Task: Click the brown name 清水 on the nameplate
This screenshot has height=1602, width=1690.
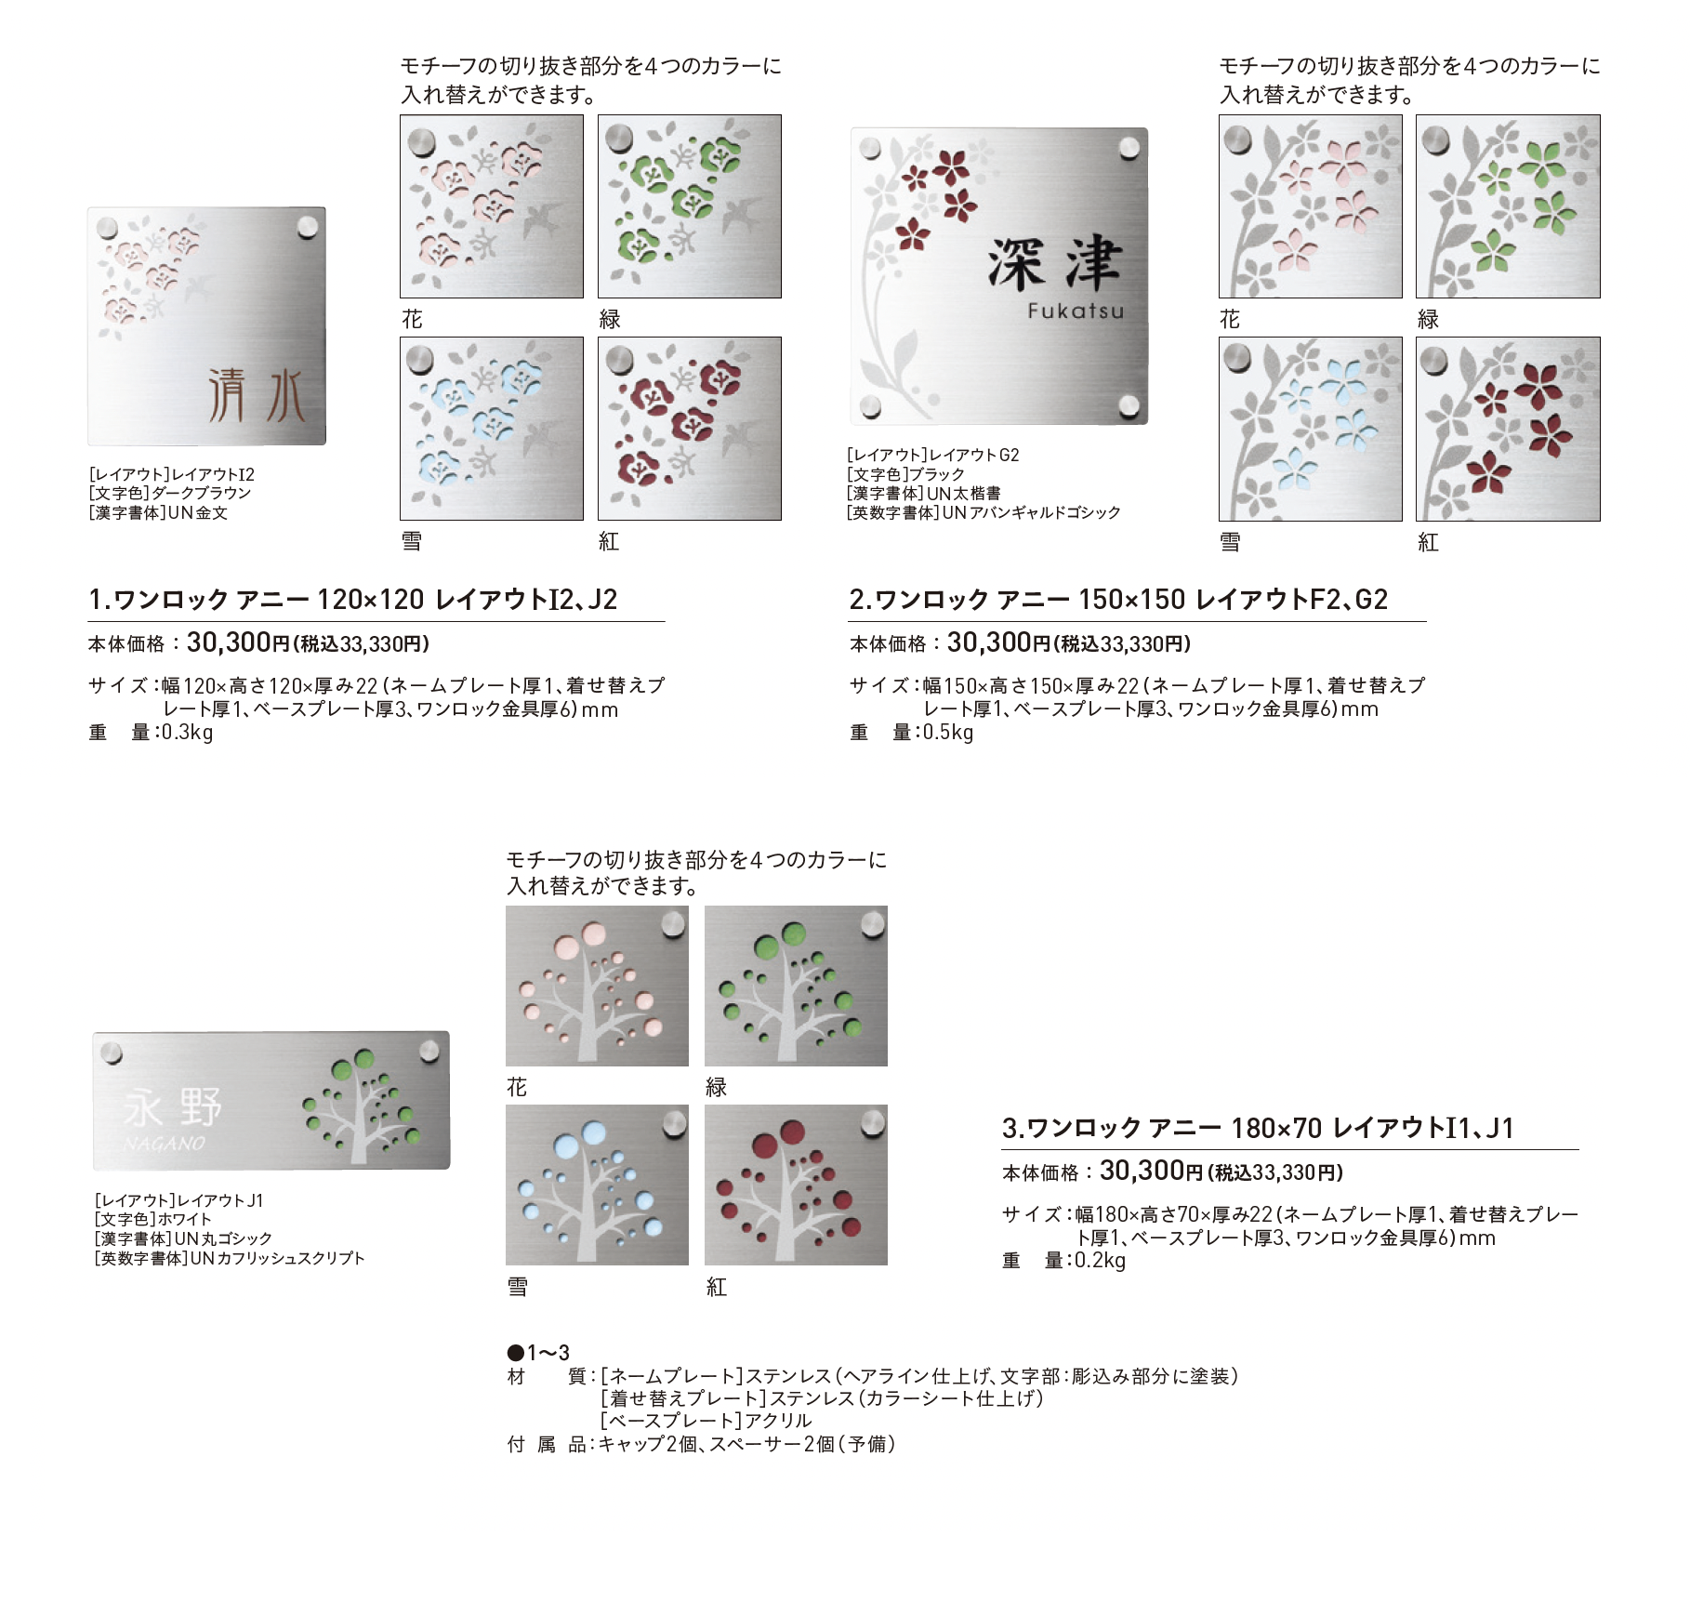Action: point(256,395)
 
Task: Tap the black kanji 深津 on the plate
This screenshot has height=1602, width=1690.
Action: point(1055,264)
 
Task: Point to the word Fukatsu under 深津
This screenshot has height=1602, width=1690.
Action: point(1076,311)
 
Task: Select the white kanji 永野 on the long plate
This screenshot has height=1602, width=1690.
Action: point(173,1107)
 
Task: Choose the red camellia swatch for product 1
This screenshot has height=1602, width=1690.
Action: point(690,429)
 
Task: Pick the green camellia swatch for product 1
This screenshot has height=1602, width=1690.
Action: point(690,206)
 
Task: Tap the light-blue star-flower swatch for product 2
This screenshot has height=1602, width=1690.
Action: point(1311,429)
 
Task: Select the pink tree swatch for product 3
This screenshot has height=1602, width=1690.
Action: point(597,986)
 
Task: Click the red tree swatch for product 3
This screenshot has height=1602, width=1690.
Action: point(796,1185)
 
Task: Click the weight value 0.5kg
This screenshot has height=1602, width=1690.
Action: point(947,732)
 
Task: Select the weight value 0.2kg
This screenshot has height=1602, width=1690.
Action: point(1100,1260)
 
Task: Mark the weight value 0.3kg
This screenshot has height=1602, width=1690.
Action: point(187,732)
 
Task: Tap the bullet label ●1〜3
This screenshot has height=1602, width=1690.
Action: point(538,1352)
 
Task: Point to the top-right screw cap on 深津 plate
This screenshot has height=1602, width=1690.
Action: point(1129,149)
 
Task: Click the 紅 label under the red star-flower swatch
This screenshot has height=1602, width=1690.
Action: point(1428,542)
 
